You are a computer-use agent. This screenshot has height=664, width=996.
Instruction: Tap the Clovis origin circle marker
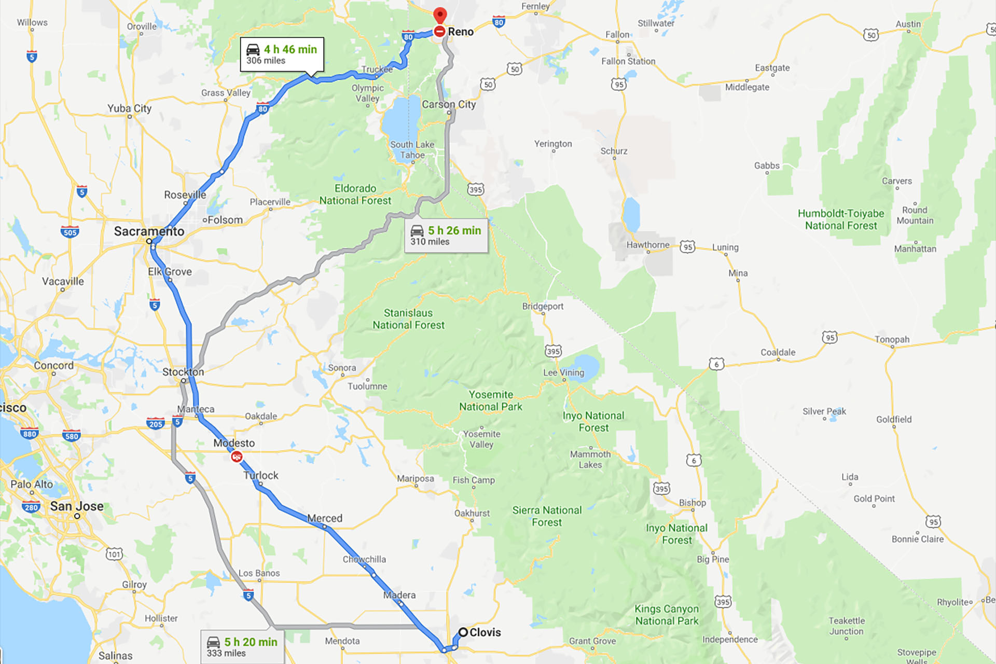463,632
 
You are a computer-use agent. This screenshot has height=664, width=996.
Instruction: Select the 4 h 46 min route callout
282,54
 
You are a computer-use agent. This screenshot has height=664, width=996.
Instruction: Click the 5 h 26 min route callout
446,236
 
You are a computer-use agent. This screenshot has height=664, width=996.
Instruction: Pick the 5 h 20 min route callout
242,647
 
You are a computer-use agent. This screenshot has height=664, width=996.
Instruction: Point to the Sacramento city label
149,231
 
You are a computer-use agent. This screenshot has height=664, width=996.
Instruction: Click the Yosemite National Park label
490,400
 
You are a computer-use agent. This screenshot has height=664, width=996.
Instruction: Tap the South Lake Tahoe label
412,149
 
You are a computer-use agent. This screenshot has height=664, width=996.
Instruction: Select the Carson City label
449,104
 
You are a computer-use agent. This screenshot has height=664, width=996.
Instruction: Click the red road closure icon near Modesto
237,457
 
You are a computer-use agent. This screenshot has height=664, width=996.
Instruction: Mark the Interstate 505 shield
70,232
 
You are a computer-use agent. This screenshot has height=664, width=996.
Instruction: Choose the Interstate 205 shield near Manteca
155,424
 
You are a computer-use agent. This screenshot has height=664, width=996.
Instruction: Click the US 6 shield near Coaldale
716,364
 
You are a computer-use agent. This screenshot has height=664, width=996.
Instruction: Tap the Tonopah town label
892,339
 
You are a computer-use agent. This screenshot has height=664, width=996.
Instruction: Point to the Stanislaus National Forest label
408,319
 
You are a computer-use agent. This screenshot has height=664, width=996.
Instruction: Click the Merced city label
325,518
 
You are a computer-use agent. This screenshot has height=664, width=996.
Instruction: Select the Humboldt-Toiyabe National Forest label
840,219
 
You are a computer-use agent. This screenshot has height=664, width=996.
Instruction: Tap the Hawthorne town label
647,245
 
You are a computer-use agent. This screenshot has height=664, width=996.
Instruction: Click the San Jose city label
77,506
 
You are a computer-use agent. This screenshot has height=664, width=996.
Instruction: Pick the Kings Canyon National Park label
667,615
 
